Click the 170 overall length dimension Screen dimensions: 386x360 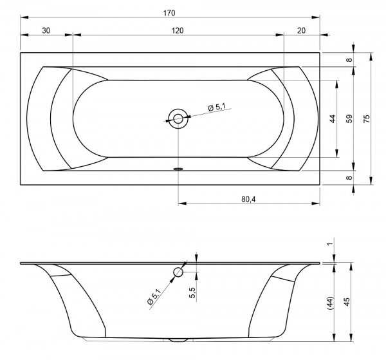[x=169, y=13]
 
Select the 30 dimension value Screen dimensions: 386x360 [x=46, y=30]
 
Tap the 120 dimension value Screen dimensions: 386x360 [x=178, y=30]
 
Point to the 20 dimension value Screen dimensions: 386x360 [x=301, y=30]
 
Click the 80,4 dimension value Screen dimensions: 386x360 [x=248, y=200]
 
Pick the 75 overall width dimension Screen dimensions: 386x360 [x=367, y=118]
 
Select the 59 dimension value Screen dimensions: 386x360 [x=349, y=118]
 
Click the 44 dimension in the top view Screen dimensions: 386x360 [x=333, y=118]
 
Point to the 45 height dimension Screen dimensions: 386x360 [x=347, y=302]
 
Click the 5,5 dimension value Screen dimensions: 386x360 [x=193, y=293]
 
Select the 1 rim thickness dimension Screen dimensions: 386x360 [x=331, y=243]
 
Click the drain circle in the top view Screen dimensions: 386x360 [x=178, y=118]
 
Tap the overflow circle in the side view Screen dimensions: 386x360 [x=178, y=272]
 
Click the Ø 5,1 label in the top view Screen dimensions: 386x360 [x=217, y=107]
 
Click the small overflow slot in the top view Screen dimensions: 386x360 [x=178, y=169]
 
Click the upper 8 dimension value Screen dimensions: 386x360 [x=349, y=60]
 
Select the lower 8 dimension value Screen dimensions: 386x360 [x=349, y=177]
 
